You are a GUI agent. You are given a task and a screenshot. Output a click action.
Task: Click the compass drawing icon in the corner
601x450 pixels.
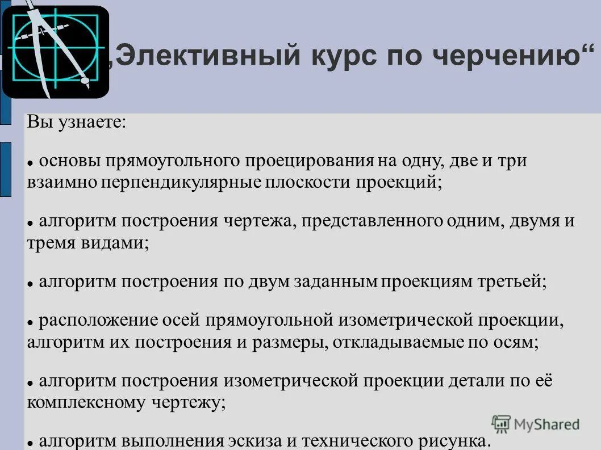coord(55,52)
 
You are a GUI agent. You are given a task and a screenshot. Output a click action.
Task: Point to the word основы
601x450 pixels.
coord(69,161)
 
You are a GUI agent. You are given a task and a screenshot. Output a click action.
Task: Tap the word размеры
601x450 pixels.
coord(296,342)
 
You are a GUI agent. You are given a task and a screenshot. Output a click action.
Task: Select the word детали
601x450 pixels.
coord(474,381)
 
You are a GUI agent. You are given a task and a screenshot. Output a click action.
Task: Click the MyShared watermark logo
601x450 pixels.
coord(536,423)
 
